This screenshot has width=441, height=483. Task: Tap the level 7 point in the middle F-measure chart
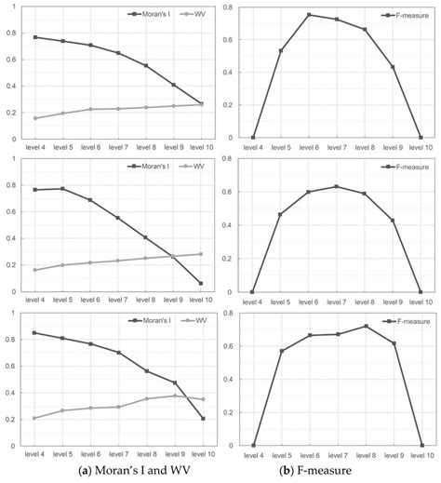(337, 186)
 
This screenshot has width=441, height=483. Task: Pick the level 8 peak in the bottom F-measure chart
(365, 326)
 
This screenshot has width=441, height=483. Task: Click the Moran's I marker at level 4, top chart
(35, 37)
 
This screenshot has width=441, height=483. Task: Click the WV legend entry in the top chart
(189, 16)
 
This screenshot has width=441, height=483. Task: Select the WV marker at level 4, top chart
(35, 118)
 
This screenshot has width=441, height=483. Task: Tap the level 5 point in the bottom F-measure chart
(281, 351)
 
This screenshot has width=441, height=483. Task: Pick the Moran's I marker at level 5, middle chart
(63, 189)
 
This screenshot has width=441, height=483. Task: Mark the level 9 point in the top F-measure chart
(393, 67)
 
